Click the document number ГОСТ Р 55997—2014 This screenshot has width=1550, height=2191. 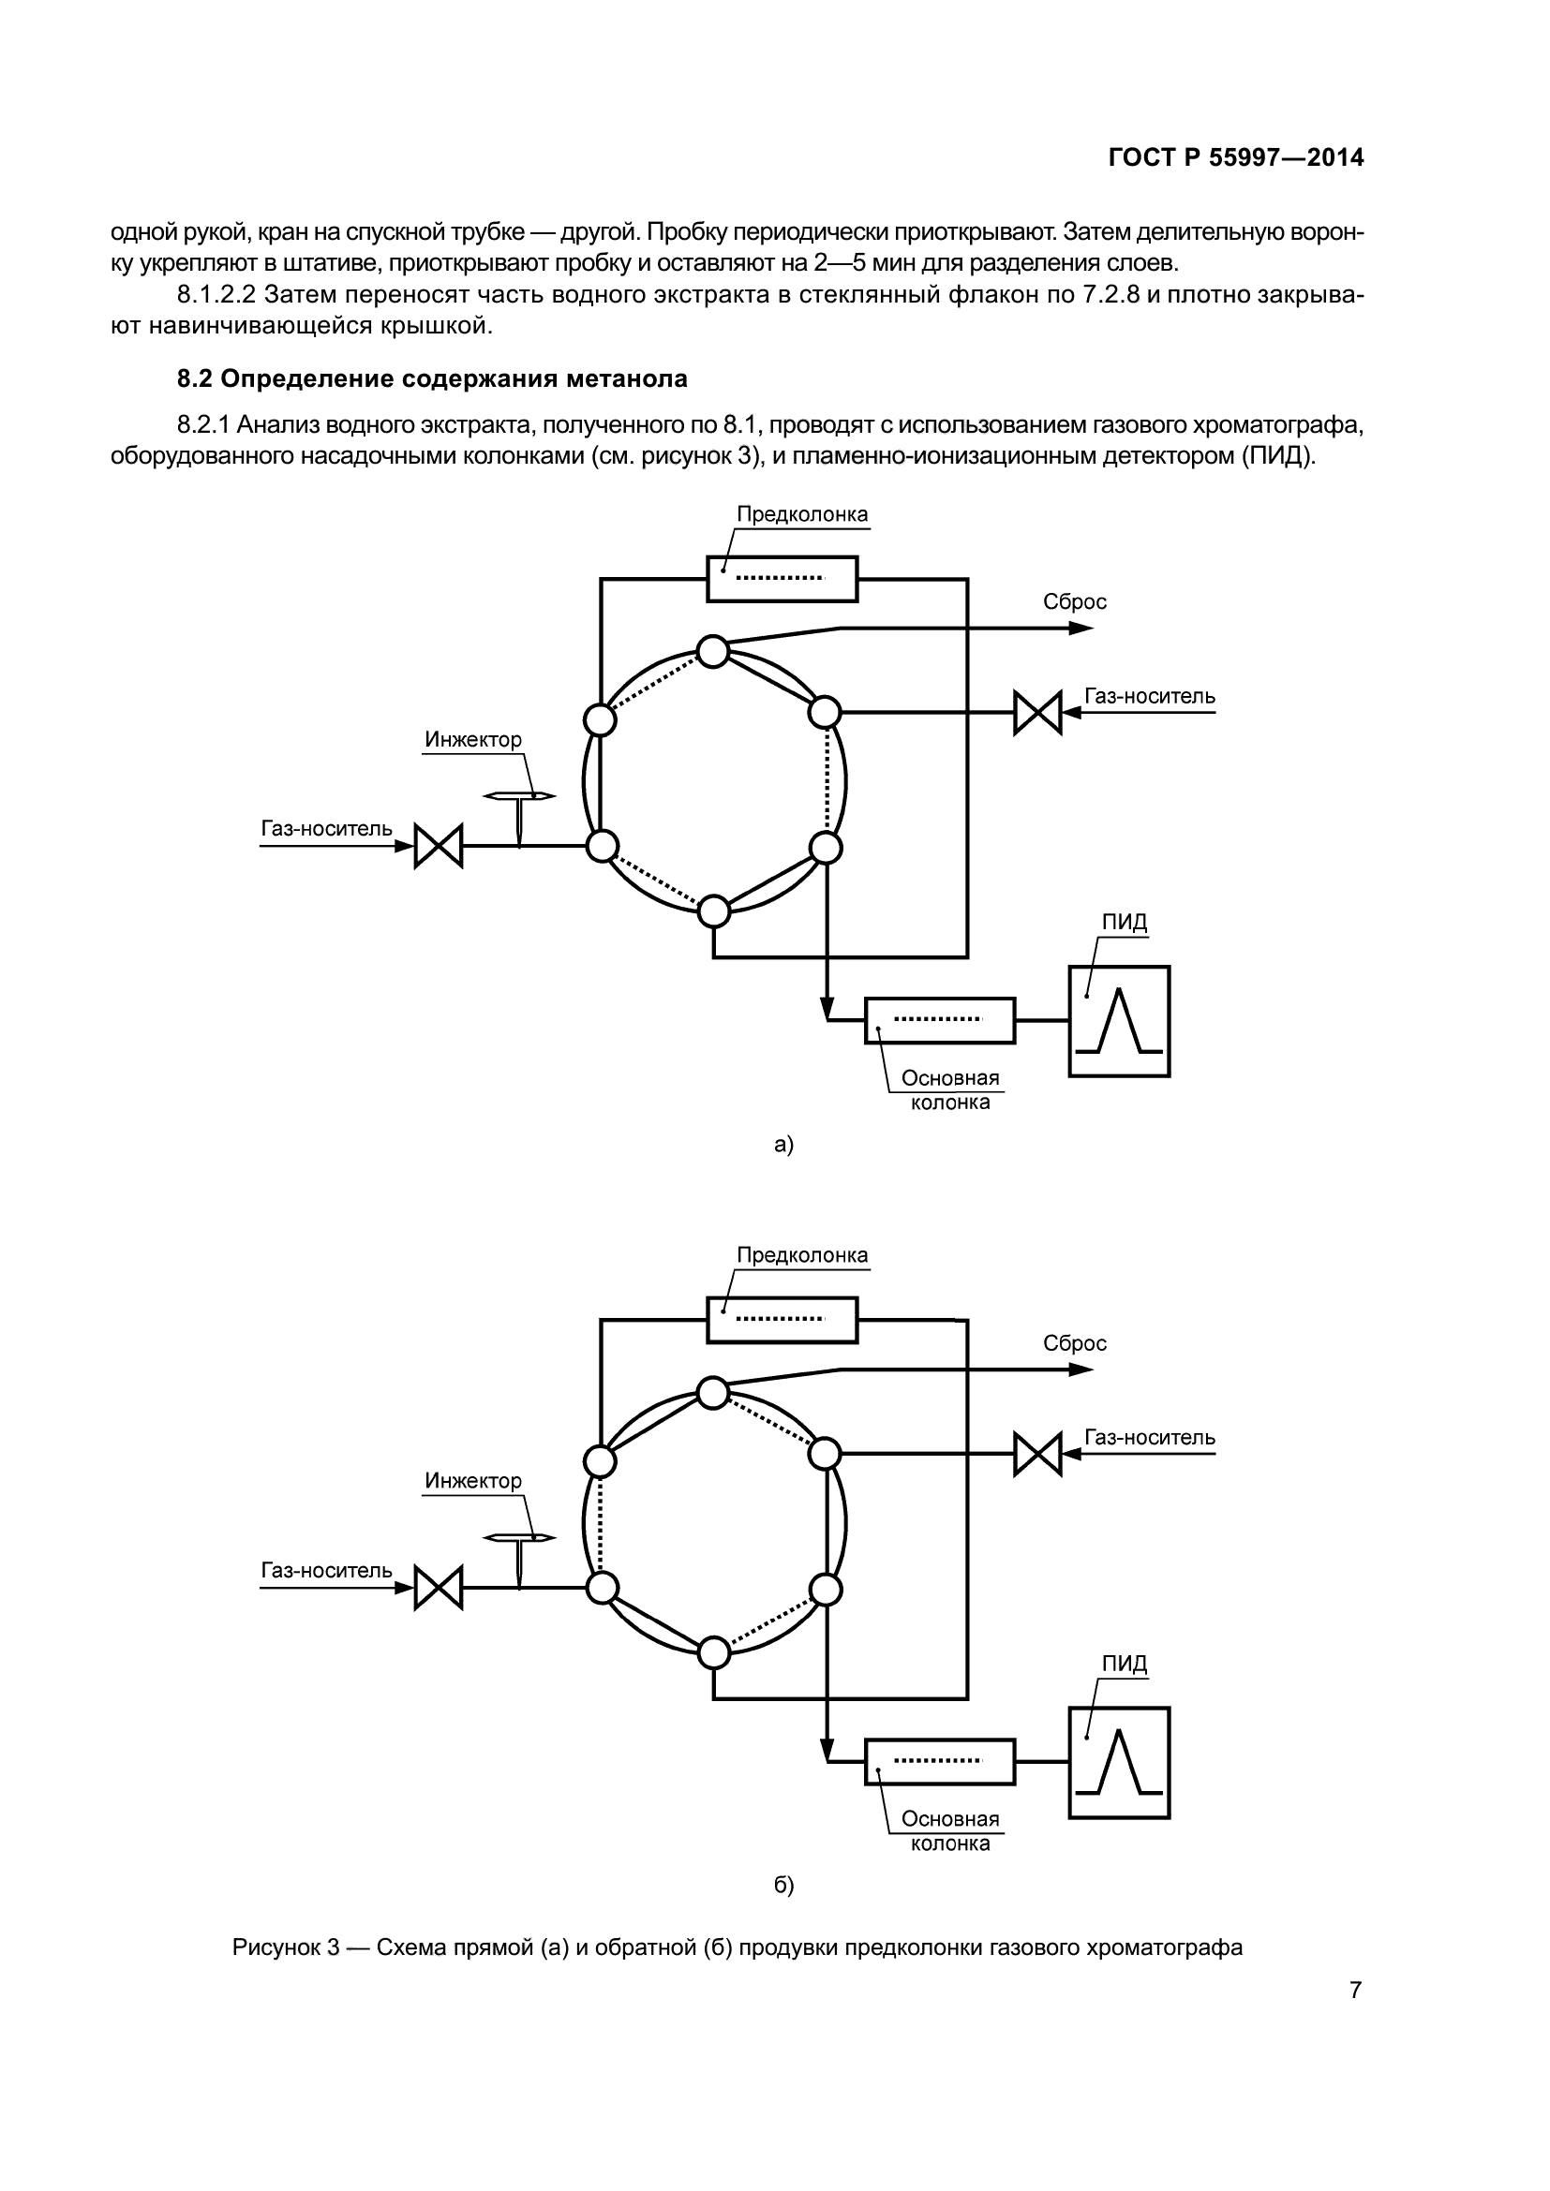pyautogui.click(x=1236, y=157)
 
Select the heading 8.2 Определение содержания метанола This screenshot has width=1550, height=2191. pyautogui.click(x=431, y=378)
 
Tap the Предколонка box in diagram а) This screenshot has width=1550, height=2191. pyautogui.click(x=782, y=578)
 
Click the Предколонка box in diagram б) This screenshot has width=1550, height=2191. pyautogui.click(x=782, y=1320)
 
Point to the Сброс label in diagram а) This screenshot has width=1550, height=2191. pyautogui.click(x=1074, y=602)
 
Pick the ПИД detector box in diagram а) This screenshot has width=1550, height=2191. pyautogui.click(x=1119, y=1021)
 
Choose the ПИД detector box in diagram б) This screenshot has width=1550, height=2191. pyautogui.click(x=1119, y=1763)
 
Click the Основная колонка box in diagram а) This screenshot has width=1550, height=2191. pyautogui.click(x=939, y=1020)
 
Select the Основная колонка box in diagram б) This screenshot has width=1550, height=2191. pyautogui.click(x=939, y=1762)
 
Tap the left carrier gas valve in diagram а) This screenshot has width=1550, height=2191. pyautogui.click(x=438, y=846)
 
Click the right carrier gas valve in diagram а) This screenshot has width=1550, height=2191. pyautogui.click(x=1037, y=712)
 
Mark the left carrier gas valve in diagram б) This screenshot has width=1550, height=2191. pyautogui.click(x=438, y=1588)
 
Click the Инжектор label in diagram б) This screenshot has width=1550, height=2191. pyautogui.click(x=473, y=1481)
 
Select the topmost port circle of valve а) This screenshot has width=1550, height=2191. pyautogui.click(x=713, y=652)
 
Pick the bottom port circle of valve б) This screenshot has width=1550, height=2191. pyautogui.click(x=714, y=1652)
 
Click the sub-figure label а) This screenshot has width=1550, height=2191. pyautogui.click(x=783, y=1144)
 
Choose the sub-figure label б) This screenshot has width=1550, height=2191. pyautogui.click(x=783, y=1886)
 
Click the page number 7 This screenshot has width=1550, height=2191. pyautogui.click(x=1355, y=1991)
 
